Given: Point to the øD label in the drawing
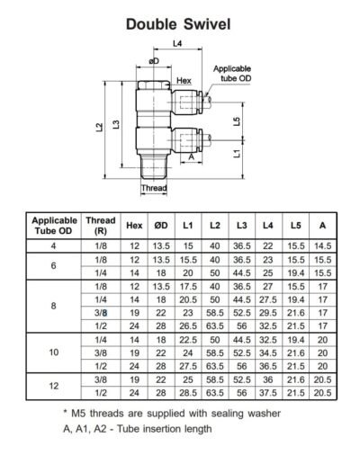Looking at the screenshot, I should click(x=155, y=61).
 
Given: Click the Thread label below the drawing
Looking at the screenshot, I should click(x=155, y=188).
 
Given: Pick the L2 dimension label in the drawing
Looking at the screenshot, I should click(x=99, y=128).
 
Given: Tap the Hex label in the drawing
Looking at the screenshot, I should click(x=184, y=81).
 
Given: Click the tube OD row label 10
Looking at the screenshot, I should click(x=55, y=353).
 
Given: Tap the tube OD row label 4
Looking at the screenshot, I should click(x=55, y=245).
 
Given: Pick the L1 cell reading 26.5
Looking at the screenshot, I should click(x=187, y=325).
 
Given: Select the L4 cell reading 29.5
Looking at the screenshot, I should click(x=267, y=311).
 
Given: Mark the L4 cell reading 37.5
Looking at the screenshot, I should click(x=267, y=393).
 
